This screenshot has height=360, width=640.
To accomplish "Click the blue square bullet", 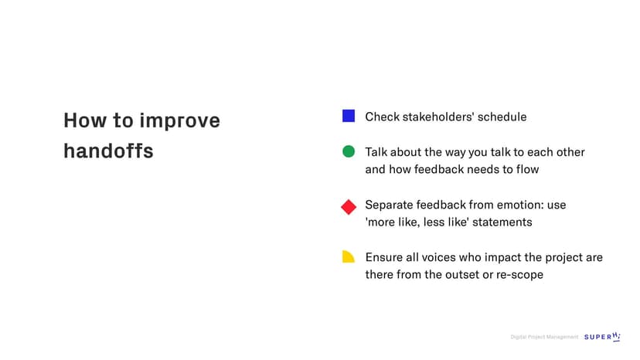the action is (348, 116).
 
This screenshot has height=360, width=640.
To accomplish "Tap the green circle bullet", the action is (348, 151).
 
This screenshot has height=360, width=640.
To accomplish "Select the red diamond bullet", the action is (349, 207).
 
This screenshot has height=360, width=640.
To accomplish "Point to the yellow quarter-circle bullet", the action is (348, 256).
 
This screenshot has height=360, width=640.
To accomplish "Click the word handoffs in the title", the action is (108, 151).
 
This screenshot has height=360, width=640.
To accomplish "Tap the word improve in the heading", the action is (180, 121).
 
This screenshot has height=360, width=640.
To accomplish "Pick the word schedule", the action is (502, 117).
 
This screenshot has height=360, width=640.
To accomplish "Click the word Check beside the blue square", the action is (382, 117).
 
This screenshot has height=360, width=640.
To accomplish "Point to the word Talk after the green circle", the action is (376, 152).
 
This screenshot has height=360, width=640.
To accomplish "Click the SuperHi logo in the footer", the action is (602, 337).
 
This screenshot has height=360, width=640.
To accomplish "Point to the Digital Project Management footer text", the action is (544, 337).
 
